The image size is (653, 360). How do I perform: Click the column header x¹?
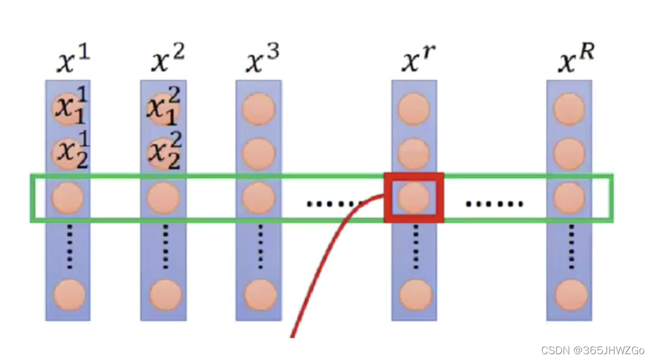73,61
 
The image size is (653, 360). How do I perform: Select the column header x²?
167,61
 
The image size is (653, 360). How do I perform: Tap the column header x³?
262,61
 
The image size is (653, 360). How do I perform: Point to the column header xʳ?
418,61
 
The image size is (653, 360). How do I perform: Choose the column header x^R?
576,59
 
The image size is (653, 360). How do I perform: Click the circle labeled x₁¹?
69,108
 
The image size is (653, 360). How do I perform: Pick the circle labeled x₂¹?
69,153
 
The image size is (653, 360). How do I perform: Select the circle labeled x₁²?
163,108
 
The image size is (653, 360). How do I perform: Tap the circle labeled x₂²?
163,153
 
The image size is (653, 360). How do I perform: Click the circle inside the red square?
414,198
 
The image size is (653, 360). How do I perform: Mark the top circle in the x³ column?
258,108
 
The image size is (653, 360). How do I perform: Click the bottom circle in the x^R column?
570,295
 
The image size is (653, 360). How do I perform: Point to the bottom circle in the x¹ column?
69,295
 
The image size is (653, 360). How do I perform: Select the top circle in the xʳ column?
414,108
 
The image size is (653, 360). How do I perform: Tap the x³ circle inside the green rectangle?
258,198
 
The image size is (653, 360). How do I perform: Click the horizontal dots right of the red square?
494,204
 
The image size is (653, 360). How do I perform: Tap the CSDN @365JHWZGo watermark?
593,350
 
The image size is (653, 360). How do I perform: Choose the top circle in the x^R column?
570,108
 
